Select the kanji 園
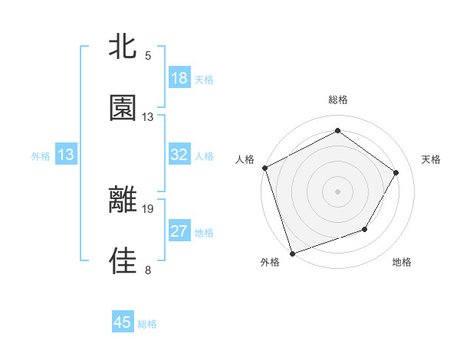(x=123, y=108)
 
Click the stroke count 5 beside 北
(x=148, y=56)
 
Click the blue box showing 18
(x=179, y=78)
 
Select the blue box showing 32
(x=179, y=155)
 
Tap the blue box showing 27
(x=179, y=231)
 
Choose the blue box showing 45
(x=123, y=322)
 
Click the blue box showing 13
(x=66, y=155)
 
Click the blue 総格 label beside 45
(x=147, y=324)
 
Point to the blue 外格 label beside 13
(x=41, y=156)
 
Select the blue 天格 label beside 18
(x=203, y=80)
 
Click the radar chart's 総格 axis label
(x=338, y=100)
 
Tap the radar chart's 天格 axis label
(x=432, y=159)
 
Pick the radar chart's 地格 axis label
(x=402, y=263)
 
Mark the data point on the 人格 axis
(x=265, y=168)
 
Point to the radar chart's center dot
(x=337, y=191)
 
